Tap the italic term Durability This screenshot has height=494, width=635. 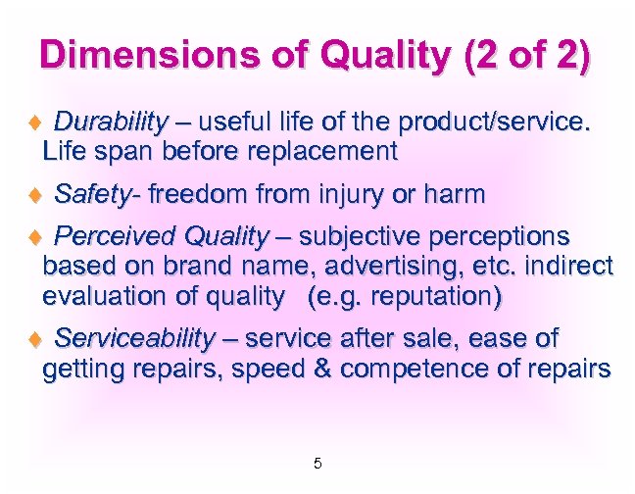111,123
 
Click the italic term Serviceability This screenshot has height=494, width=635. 135,339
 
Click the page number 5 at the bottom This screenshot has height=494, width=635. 317,463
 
